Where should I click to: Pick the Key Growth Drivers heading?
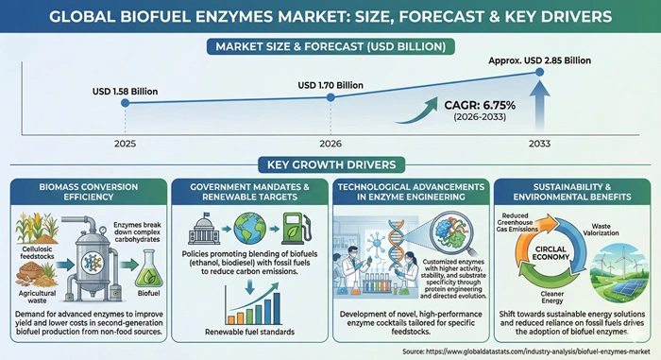point(331,163)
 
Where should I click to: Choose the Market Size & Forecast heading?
point(331,44)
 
